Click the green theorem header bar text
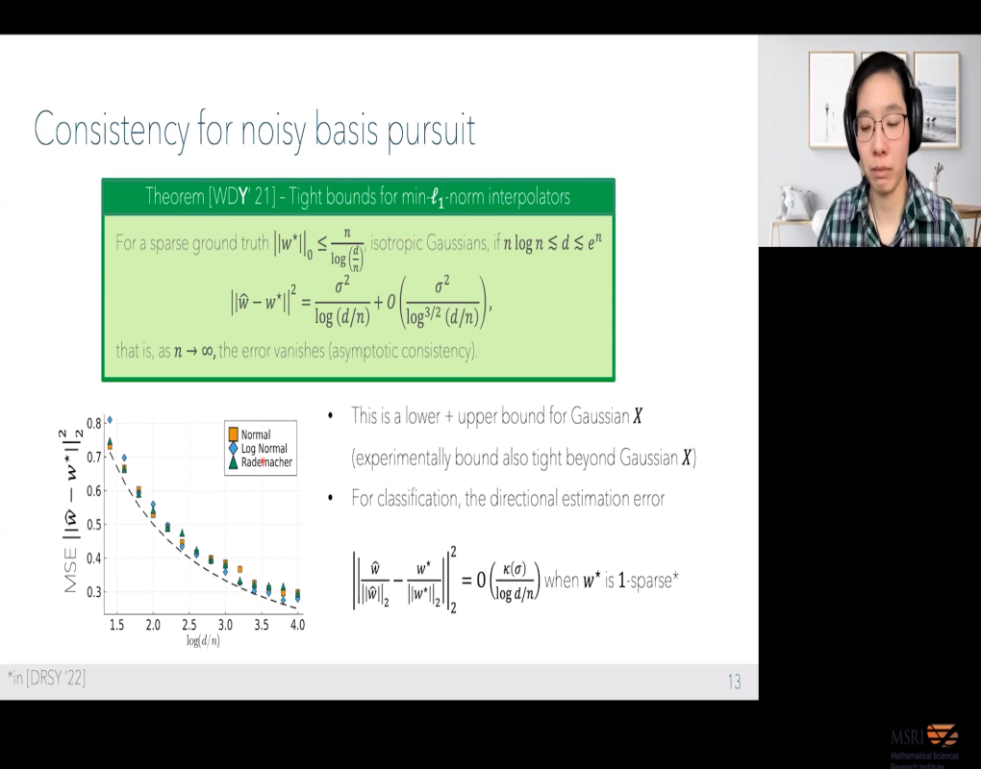coord(358,197)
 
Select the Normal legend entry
coord(255,434)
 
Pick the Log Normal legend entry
coord(263,449)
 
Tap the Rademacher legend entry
coord(266,463)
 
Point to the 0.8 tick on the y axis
coord(93,423)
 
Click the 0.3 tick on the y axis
coord(93,592)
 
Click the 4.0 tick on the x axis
coord(297,625)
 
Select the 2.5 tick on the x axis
coord(189,625)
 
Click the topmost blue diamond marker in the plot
coord(110,420)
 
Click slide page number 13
coord(734,682)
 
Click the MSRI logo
coord(923,741)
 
